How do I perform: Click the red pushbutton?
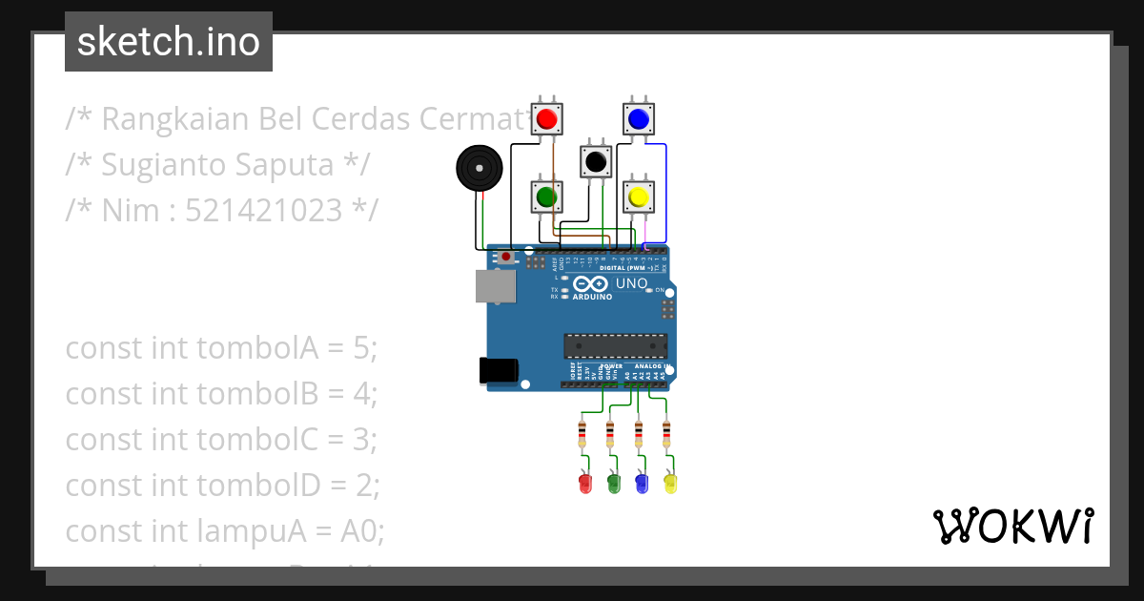point(547,119)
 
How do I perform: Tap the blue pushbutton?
point(638,119)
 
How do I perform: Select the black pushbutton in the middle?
point(597,162)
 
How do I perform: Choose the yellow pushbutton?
point(638,197)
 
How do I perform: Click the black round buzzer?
point(479,169)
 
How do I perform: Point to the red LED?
point(585,483)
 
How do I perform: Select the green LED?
point(614,483)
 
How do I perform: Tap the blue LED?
point(642,483)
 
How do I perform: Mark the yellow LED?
point(670,483)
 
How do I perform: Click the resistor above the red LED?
point(582,435)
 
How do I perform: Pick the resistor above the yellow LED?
point(666,435)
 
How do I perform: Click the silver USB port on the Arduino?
point(496,285)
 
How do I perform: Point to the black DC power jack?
point(498,371)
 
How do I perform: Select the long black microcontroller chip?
point(615,345)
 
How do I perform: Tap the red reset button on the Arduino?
point(505,258)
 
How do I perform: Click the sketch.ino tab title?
point(169,42)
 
